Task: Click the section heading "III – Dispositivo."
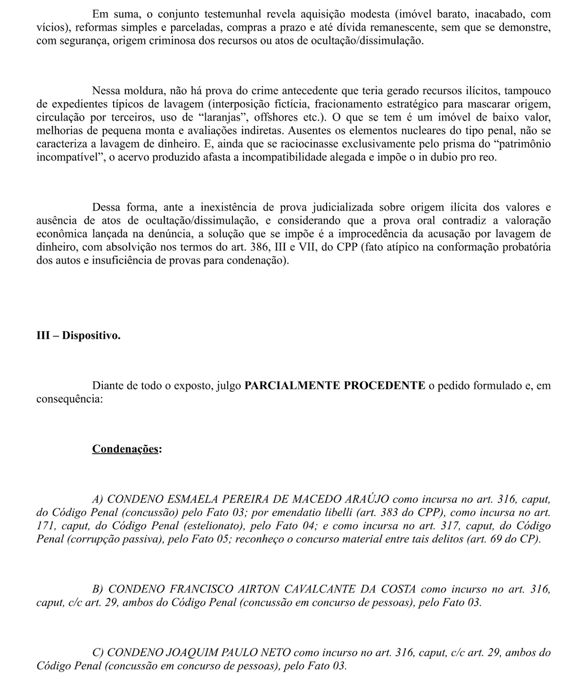78,335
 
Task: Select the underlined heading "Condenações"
125,448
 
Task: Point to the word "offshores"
276,117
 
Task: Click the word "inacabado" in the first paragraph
485,14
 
